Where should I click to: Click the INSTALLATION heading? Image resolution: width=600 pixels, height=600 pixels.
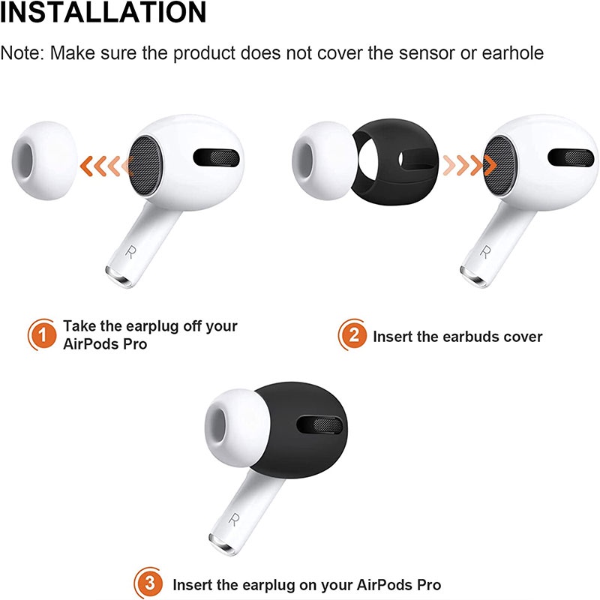(x=103, y=13)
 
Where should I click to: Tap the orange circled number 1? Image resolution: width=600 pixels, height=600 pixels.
(x=42, y=334)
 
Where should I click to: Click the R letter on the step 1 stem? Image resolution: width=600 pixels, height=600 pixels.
(x=133, y=250)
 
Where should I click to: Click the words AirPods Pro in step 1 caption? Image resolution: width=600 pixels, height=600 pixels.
(x=106, y=343)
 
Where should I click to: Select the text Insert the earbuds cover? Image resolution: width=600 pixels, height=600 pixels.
(x=457, y=335)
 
